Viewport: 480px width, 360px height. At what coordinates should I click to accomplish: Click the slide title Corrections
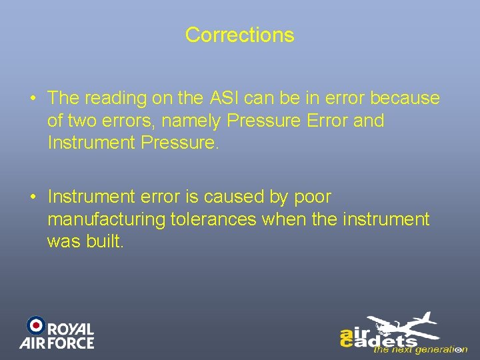click(x=239, y=35)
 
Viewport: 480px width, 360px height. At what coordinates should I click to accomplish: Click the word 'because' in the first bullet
click(x=405, y=98)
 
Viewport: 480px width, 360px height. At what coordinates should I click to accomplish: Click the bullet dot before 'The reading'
click(x=33, y=99)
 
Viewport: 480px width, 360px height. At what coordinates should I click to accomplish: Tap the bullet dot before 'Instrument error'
click(x=33, y=197)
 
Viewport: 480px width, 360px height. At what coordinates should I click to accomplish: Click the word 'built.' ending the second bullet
click(x=104, y=241)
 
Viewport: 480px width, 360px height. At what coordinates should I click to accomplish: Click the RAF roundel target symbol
click(x=35, y=325)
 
